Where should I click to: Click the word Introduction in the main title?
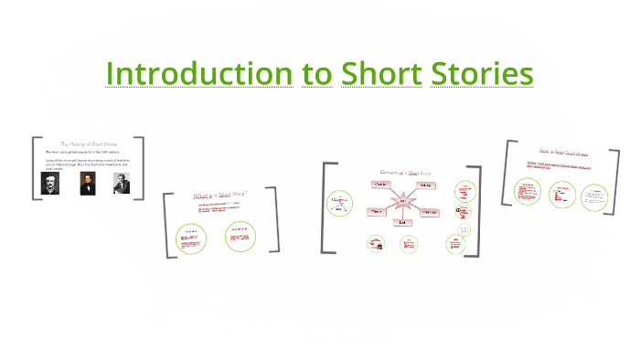pyautogui.click(x=199, y=73)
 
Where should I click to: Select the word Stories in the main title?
pyautogui.click(x=483, y=73)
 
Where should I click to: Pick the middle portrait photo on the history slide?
pyautogui.click(x=87, y=183)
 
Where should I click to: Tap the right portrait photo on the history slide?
pyautogui.click(x=122, y=183)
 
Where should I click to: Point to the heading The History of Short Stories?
pyautogui.click(x=88, y=143)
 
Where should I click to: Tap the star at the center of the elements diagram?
pyautogui.click(x=401, y=201)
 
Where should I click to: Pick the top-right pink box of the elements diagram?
pyautogui.click(x=426, y=185)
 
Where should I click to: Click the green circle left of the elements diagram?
pyautogui.click(x=340, y=203)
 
